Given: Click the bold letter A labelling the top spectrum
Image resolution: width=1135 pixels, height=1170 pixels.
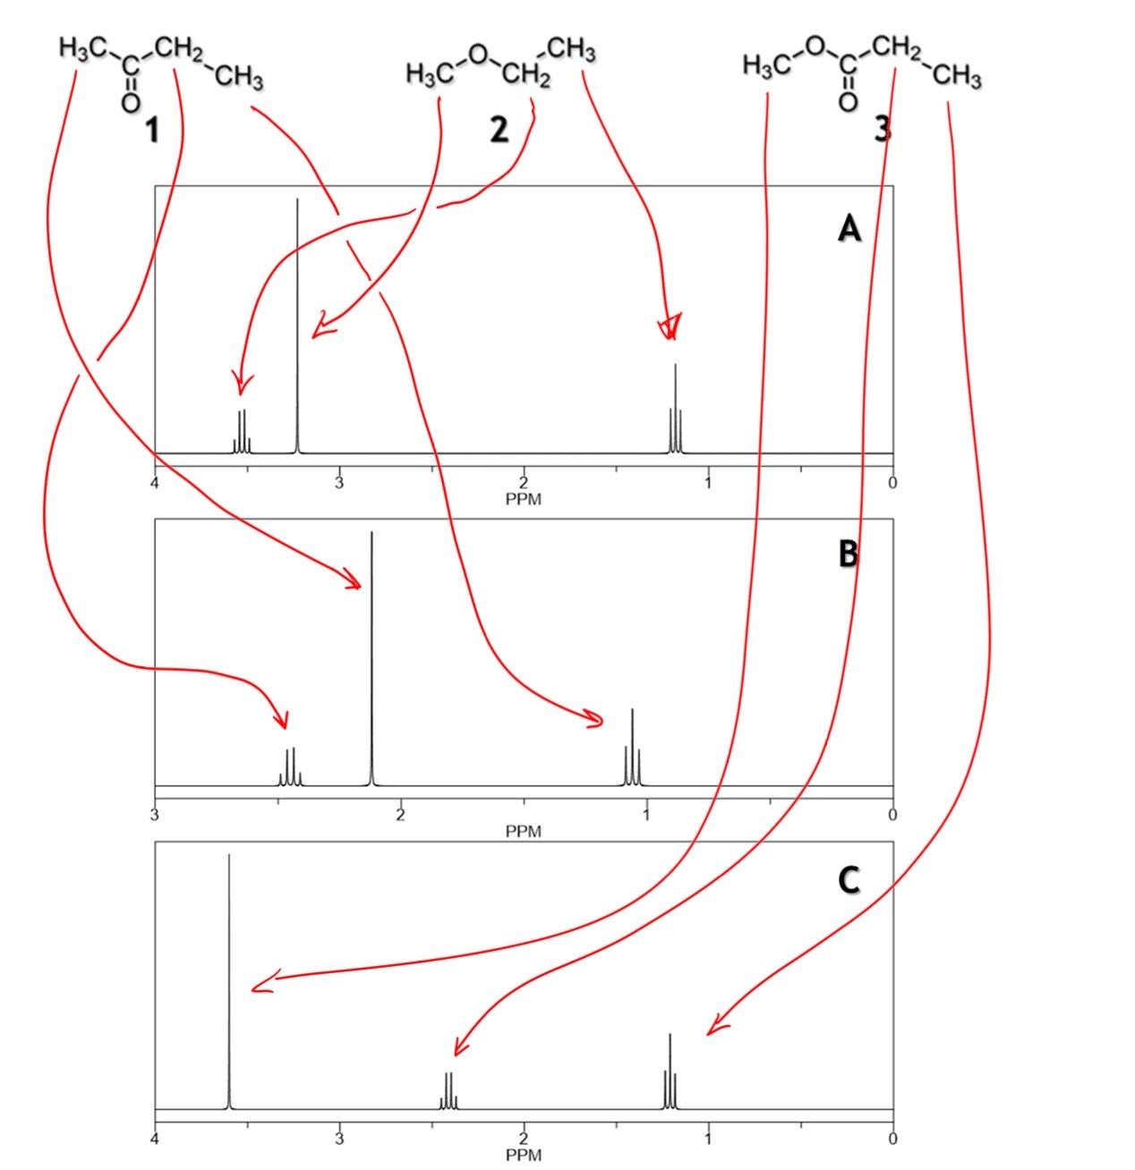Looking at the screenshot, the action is tap(849, 230).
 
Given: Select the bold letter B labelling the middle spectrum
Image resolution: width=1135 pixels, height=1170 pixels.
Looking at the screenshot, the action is tap(848, 555).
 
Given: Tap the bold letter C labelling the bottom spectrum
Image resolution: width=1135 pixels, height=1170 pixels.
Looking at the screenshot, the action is tap(849, 880).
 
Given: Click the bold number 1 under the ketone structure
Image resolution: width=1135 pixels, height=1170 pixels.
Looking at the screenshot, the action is tap(153, 131).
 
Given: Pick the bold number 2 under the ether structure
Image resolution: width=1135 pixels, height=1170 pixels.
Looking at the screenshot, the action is tap(499, 130).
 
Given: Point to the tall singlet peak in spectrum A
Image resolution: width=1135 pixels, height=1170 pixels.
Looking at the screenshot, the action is tap(297, 326).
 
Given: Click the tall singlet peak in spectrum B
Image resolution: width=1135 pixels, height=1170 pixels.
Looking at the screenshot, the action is tap(371, 658).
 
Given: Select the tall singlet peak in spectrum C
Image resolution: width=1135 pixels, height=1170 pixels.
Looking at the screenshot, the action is tap(228, 981).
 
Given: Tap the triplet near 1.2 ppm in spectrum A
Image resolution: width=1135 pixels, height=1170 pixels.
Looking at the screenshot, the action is tap(675, 409).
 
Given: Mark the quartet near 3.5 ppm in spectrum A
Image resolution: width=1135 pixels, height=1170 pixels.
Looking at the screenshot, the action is tap(242, 432).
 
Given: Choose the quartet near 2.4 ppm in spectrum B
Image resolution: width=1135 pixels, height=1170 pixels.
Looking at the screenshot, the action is tap(290, 767).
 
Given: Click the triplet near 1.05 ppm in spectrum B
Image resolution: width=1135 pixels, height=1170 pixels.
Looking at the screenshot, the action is tap(632, 747).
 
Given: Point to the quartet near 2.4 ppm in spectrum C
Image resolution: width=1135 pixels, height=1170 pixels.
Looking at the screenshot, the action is tap(448, 1090).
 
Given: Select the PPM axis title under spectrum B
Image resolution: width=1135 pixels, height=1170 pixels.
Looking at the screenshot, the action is tap(524, 832).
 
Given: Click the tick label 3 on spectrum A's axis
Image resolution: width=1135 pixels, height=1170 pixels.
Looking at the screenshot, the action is tap(339, 483).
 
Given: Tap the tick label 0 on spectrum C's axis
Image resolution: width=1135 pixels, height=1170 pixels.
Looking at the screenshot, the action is tap(892, 1139).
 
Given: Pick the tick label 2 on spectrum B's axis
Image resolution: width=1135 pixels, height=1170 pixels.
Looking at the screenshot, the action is tap(401, 815).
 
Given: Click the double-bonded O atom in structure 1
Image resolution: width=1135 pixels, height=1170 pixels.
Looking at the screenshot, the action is tap(131, 103).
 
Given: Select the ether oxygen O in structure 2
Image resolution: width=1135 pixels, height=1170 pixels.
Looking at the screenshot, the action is tap(478, 54).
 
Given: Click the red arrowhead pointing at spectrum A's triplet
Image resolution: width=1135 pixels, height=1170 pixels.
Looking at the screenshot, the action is tap(670, 327).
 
